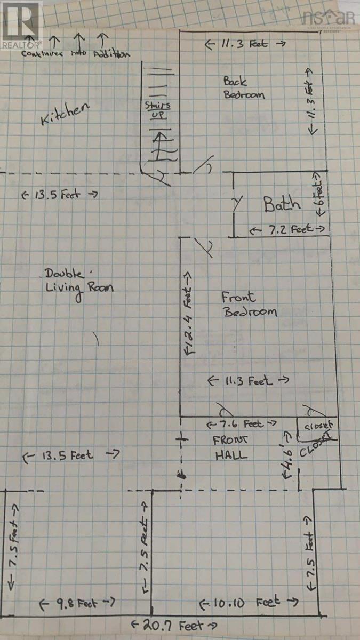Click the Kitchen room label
coord(65,114)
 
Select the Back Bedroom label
coord(243,88)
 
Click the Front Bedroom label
coord(249,305)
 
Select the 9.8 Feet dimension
coord(78,603)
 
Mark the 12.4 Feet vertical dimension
coord(189,315)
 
